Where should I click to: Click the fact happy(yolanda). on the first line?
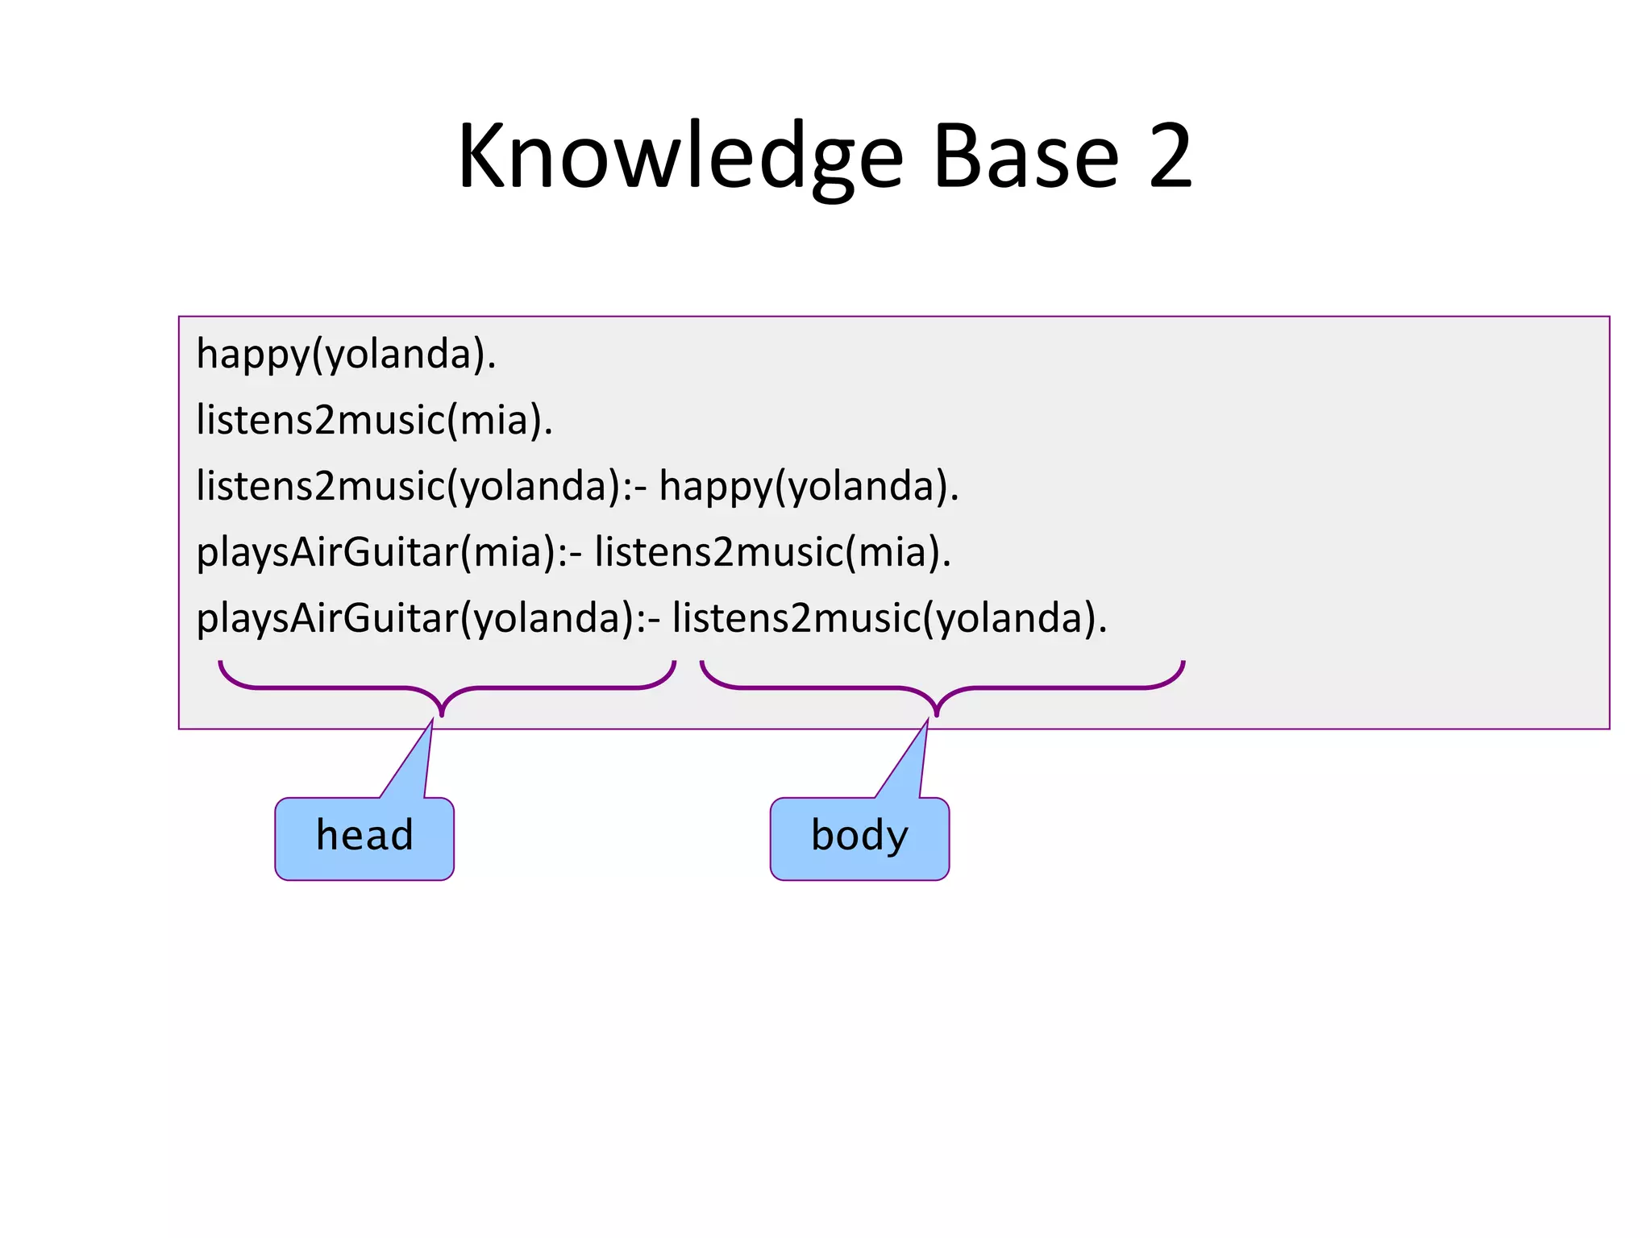pyautogui.click(x=346, y=355)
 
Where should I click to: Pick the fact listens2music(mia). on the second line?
pyautogui.click(x=374, y=421)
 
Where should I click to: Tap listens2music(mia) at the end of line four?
pyautogui.click(x=772, y=553)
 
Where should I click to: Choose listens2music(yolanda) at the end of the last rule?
pyautogui.click(x=889, y=619)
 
